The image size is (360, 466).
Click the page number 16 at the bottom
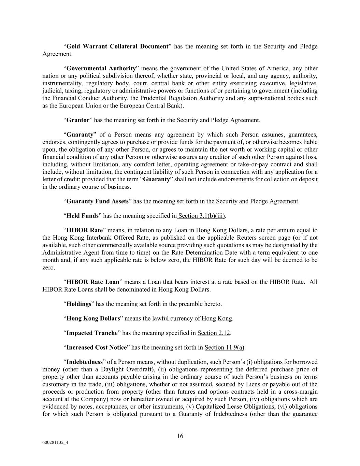180,436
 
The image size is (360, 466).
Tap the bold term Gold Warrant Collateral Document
117,46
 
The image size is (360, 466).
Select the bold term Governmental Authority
101,68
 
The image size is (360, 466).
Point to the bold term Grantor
78,120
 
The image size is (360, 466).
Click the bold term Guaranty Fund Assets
97,201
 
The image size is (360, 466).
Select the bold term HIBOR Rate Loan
93,282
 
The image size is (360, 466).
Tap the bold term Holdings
79,304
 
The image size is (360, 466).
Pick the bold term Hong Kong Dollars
93,319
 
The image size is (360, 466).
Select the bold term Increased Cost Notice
97,348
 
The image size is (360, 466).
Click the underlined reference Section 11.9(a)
225,348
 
